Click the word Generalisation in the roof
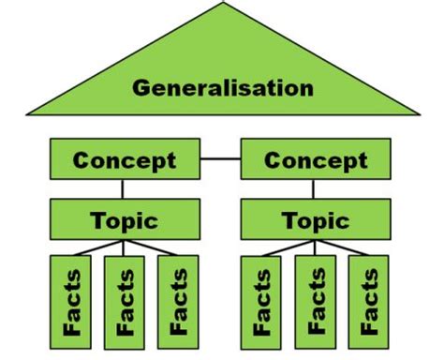click(222, 88)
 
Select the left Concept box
click(124, 160)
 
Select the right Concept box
click(316, 160)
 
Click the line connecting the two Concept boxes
click(220, 159)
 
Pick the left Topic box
click(124, 221)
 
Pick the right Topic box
click(316, 221)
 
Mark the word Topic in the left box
click(124, 221)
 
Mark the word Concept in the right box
click(316, 160)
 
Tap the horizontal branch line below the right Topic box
click(316, 250)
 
